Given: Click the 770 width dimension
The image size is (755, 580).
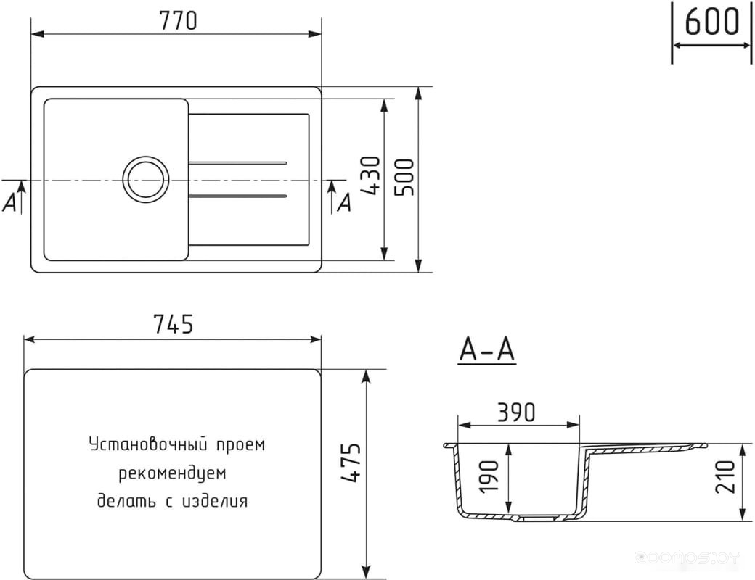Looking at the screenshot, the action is [x=178, y=21].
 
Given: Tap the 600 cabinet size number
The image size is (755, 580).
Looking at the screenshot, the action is [x=711, y=22].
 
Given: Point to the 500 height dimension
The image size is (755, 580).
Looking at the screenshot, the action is [x=404, y=177].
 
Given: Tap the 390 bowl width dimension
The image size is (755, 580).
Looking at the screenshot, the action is [x=516, y=412].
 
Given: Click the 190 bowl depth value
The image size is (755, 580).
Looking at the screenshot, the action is [x=490, y=476].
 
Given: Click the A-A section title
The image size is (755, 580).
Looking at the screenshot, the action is [x=487, y=349].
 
